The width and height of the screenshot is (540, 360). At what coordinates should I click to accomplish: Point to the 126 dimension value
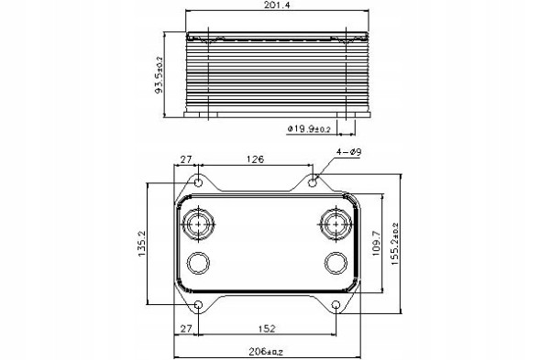click(x=255, y=158)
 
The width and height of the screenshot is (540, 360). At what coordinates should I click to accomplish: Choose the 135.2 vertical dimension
click(x=140, y=245)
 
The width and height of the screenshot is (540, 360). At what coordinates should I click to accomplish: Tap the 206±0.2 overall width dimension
click(x=266, y=351)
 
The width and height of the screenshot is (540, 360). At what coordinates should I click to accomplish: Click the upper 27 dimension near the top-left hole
click(x=185, y=158)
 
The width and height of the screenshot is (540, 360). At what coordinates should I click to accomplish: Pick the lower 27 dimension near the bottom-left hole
click(x=186, y=327)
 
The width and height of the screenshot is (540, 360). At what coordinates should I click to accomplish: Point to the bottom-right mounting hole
click(x=336, y=304)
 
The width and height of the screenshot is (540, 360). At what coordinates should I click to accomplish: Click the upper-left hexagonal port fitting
click(x=199, y=224)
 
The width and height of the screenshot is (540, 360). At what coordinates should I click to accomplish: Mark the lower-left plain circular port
click(x=199, y=264)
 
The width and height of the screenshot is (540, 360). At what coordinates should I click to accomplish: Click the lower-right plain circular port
click(x=336, y=264)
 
